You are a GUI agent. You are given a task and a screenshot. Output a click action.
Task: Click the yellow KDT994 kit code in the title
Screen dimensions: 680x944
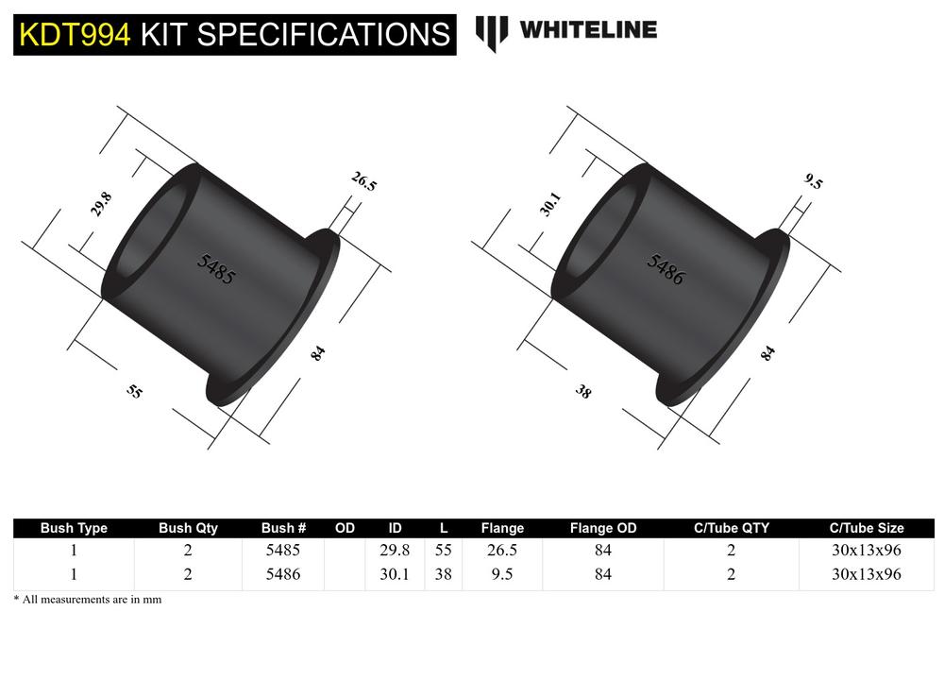75,34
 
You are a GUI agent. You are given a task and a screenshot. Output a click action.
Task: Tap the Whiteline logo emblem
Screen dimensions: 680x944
491,32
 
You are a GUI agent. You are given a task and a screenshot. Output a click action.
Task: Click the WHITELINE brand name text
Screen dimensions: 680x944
587,29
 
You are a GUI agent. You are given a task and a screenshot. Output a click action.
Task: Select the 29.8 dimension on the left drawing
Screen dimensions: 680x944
102,205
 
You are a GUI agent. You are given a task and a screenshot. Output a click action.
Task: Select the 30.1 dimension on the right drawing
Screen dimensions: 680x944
551,204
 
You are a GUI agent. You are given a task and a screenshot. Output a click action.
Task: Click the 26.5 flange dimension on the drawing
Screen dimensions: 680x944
363,181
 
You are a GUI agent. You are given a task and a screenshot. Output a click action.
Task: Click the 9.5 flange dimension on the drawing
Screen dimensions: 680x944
813,181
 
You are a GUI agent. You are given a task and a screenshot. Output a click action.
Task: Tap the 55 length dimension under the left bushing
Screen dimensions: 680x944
135,390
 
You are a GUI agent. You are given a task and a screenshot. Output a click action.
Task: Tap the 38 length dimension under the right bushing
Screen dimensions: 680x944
583,390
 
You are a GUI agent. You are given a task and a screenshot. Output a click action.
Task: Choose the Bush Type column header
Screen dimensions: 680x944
74,528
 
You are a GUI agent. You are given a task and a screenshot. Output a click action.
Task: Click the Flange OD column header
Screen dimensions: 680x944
603,528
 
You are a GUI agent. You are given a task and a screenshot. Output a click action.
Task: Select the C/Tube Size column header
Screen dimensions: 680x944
866,528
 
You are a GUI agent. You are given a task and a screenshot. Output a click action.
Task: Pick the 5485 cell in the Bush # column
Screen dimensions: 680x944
283,550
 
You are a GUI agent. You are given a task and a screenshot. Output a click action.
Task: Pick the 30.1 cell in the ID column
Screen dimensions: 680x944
394,573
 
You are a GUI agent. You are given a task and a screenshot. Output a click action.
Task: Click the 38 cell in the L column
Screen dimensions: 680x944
443,573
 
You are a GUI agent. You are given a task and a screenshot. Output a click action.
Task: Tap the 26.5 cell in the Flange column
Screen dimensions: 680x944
501,550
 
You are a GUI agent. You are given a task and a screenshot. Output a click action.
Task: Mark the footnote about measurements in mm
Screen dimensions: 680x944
88,599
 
